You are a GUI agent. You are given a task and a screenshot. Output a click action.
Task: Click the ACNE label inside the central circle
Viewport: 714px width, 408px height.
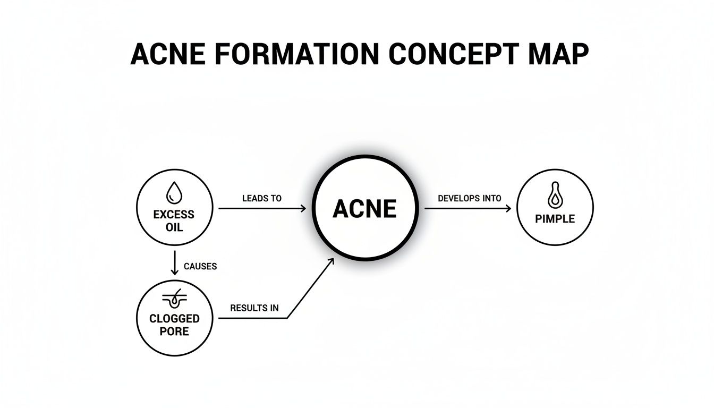[x=364, y=209]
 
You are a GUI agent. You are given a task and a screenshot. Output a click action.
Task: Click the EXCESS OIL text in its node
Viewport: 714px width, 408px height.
[x=174, y=221]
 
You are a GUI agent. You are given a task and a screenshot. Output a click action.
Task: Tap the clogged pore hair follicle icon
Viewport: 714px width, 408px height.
[x=174, y=300]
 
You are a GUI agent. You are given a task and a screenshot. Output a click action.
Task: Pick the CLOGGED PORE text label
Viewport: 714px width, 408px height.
[x=174, y=325]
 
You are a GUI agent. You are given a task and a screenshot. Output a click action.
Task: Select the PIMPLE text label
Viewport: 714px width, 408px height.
[x=555, y=219]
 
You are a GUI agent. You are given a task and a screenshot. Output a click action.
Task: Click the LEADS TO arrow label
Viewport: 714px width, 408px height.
[x=261, y=198]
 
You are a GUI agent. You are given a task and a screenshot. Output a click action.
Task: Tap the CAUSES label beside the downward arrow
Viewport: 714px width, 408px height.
[x=200, y=266]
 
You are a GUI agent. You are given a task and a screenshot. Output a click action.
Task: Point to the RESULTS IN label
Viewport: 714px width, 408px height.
[x=254, y=308]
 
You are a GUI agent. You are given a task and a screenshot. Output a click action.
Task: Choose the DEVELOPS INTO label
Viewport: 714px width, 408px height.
[x=469, y=198]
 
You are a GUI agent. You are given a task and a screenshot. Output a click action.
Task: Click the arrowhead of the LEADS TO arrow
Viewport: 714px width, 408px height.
[x=303, y=209]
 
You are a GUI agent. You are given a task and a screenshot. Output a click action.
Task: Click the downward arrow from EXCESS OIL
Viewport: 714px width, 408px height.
[x=174, y=263]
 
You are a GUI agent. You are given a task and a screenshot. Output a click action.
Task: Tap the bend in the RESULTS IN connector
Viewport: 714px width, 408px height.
[x=287, y=318]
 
